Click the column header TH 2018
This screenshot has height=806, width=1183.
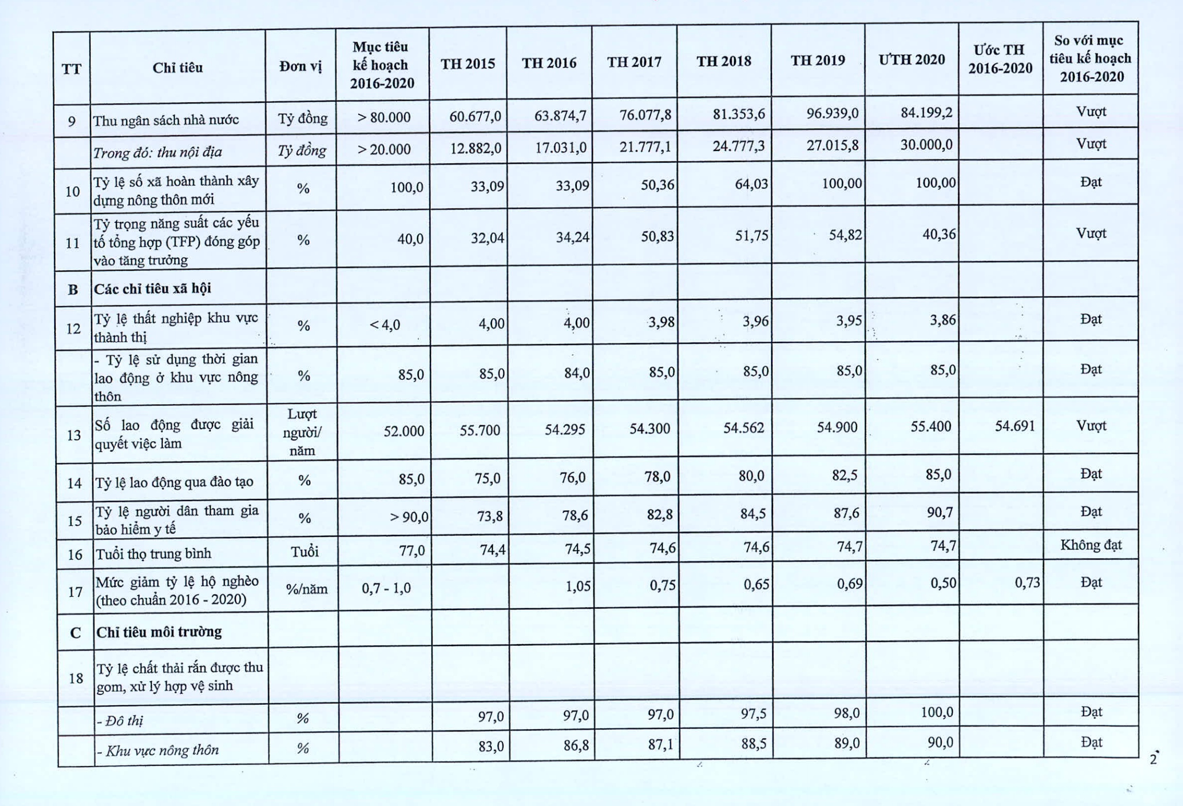tap(724, 62)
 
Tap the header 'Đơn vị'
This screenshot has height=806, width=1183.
tap(300, 67)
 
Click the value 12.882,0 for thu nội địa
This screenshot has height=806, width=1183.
tap(475, 148)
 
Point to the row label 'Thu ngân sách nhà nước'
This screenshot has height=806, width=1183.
tap(166, 120)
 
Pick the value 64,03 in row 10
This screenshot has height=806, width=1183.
tap(751, 184)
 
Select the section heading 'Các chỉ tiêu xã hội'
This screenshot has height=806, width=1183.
tap(152, 288)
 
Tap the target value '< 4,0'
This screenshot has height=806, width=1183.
tap(385, 325)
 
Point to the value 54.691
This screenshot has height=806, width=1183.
tap(1015, 426)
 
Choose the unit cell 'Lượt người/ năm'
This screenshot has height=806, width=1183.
tap(302, 432)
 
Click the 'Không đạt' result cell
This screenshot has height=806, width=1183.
tap(1090, 545)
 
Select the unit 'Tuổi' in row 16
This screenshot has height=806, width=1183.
tap(304, 552)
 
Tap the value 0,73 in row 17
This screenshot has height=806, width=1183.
tap(1027, 583)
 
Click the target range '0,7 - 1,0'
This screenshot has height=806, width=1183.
tap(386, 588)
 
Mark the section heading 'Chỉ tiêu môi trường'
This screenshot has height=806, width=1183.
tap(159, 632)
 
